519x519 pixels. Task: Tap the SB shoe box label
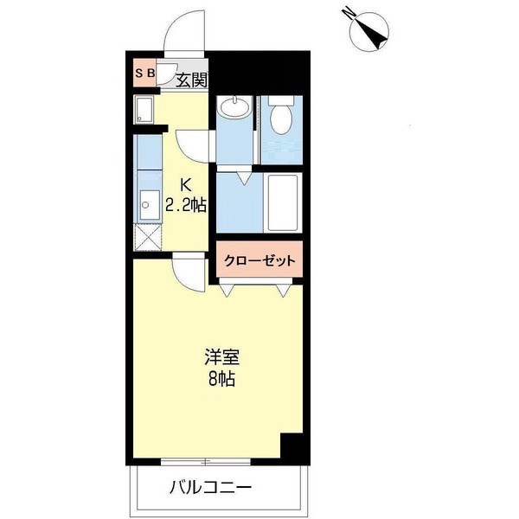(x=144, y=74)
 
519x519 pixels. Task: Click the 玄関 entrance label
(x=191, y=80)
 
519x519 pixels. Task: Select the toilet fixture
(x=280, y=119)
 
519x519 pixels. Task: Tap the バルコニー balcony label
(x=210, y=488)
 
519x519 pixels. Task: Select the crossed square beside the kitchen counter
(x=148, y=235)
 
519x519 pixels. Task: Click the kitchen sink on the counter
(x=146, y=200)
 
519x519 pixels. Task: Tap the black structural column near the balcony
(x=292, y=447)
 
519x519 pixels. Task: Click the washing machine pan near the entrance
(x=145, y=110)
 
